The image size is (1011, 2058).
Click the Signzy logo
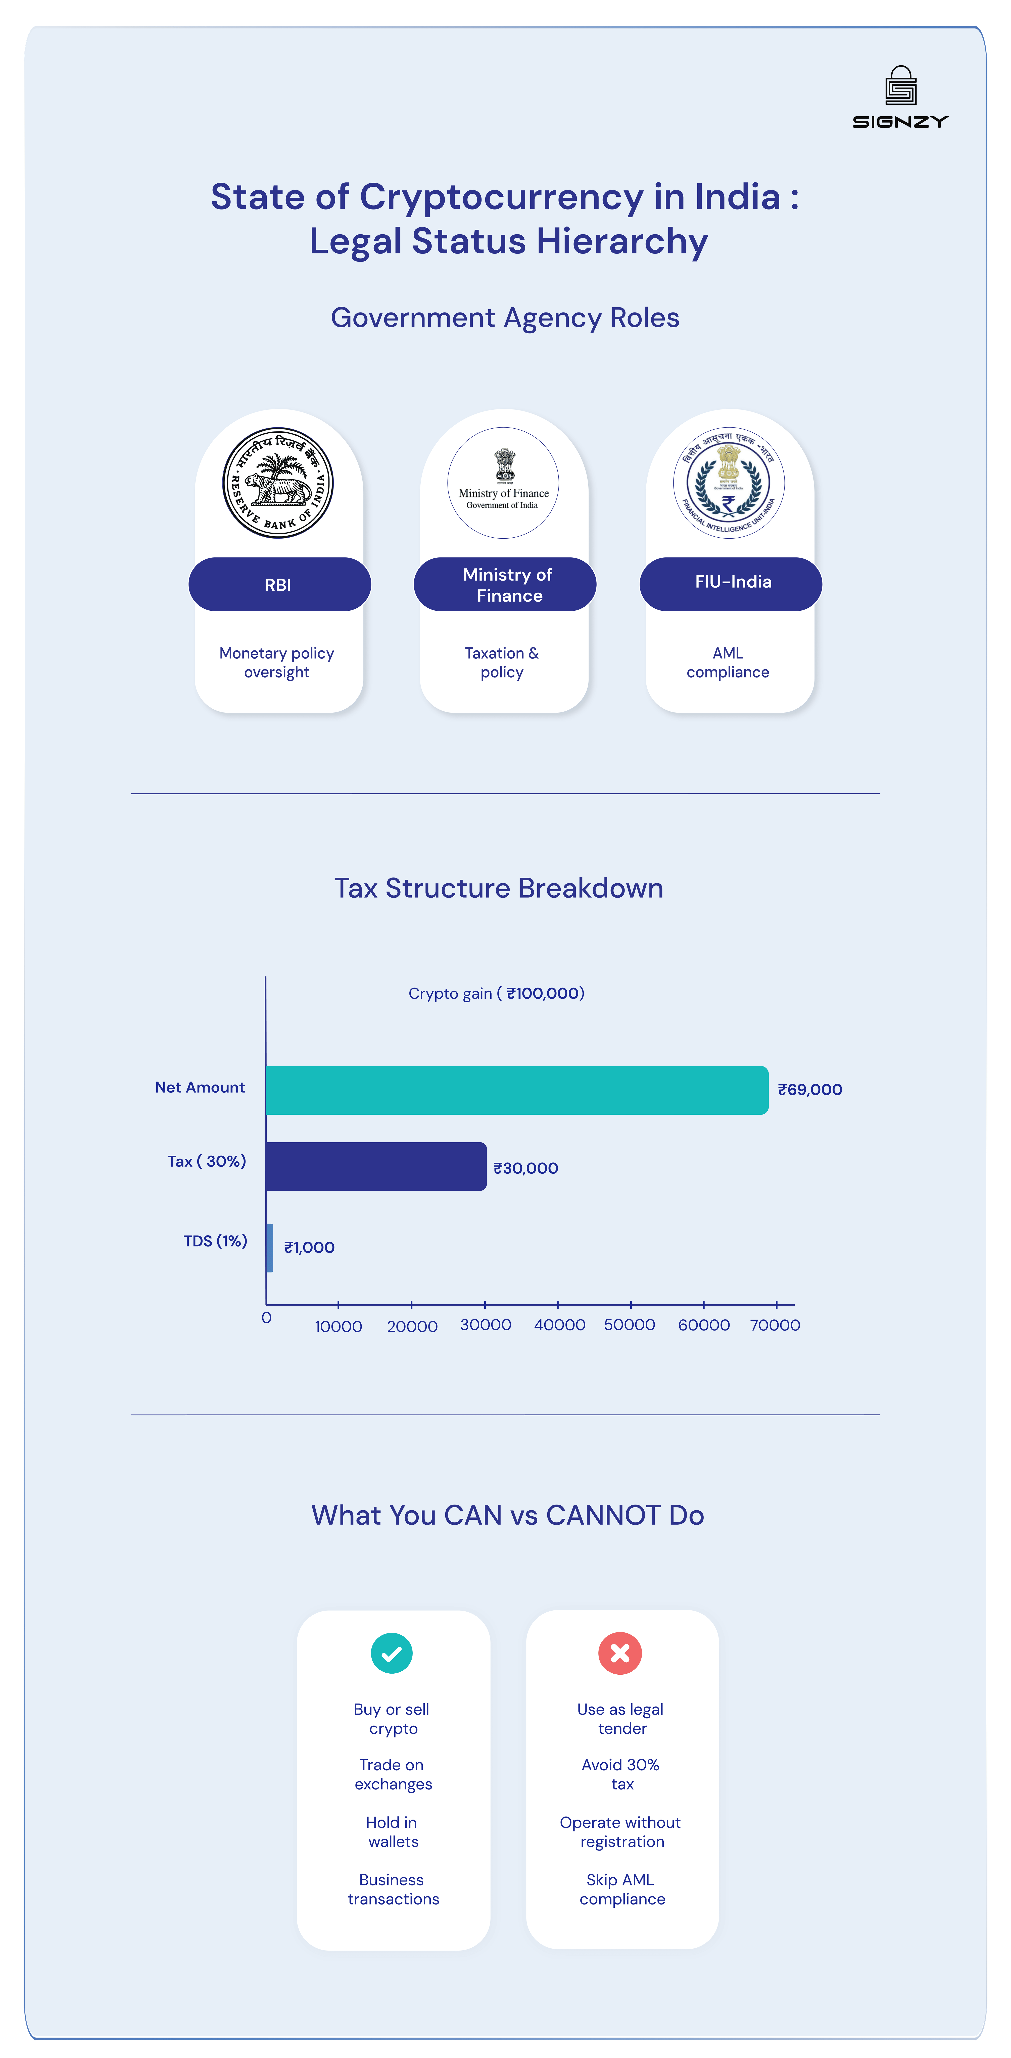(900, 97)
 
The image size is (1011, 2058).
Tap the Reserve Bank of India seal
(277, 483)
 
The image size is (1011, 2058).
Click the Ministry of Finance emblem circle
(503, 483)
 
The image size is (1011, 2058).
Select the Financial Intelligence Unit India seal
(728, 483)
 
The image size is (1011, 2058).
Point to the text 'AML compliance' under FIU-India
(727, 662)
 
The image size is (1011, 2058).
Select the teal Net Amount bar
(516, 1090)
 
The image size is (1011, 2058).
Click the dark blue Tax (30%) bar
(376, 1166)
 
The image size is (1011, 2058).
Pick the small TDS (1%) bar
(269, 1247)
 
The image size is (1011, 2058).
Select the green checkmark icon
(392, 1653)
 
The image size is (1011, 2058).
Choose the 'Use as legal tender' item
(621, 1718)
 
